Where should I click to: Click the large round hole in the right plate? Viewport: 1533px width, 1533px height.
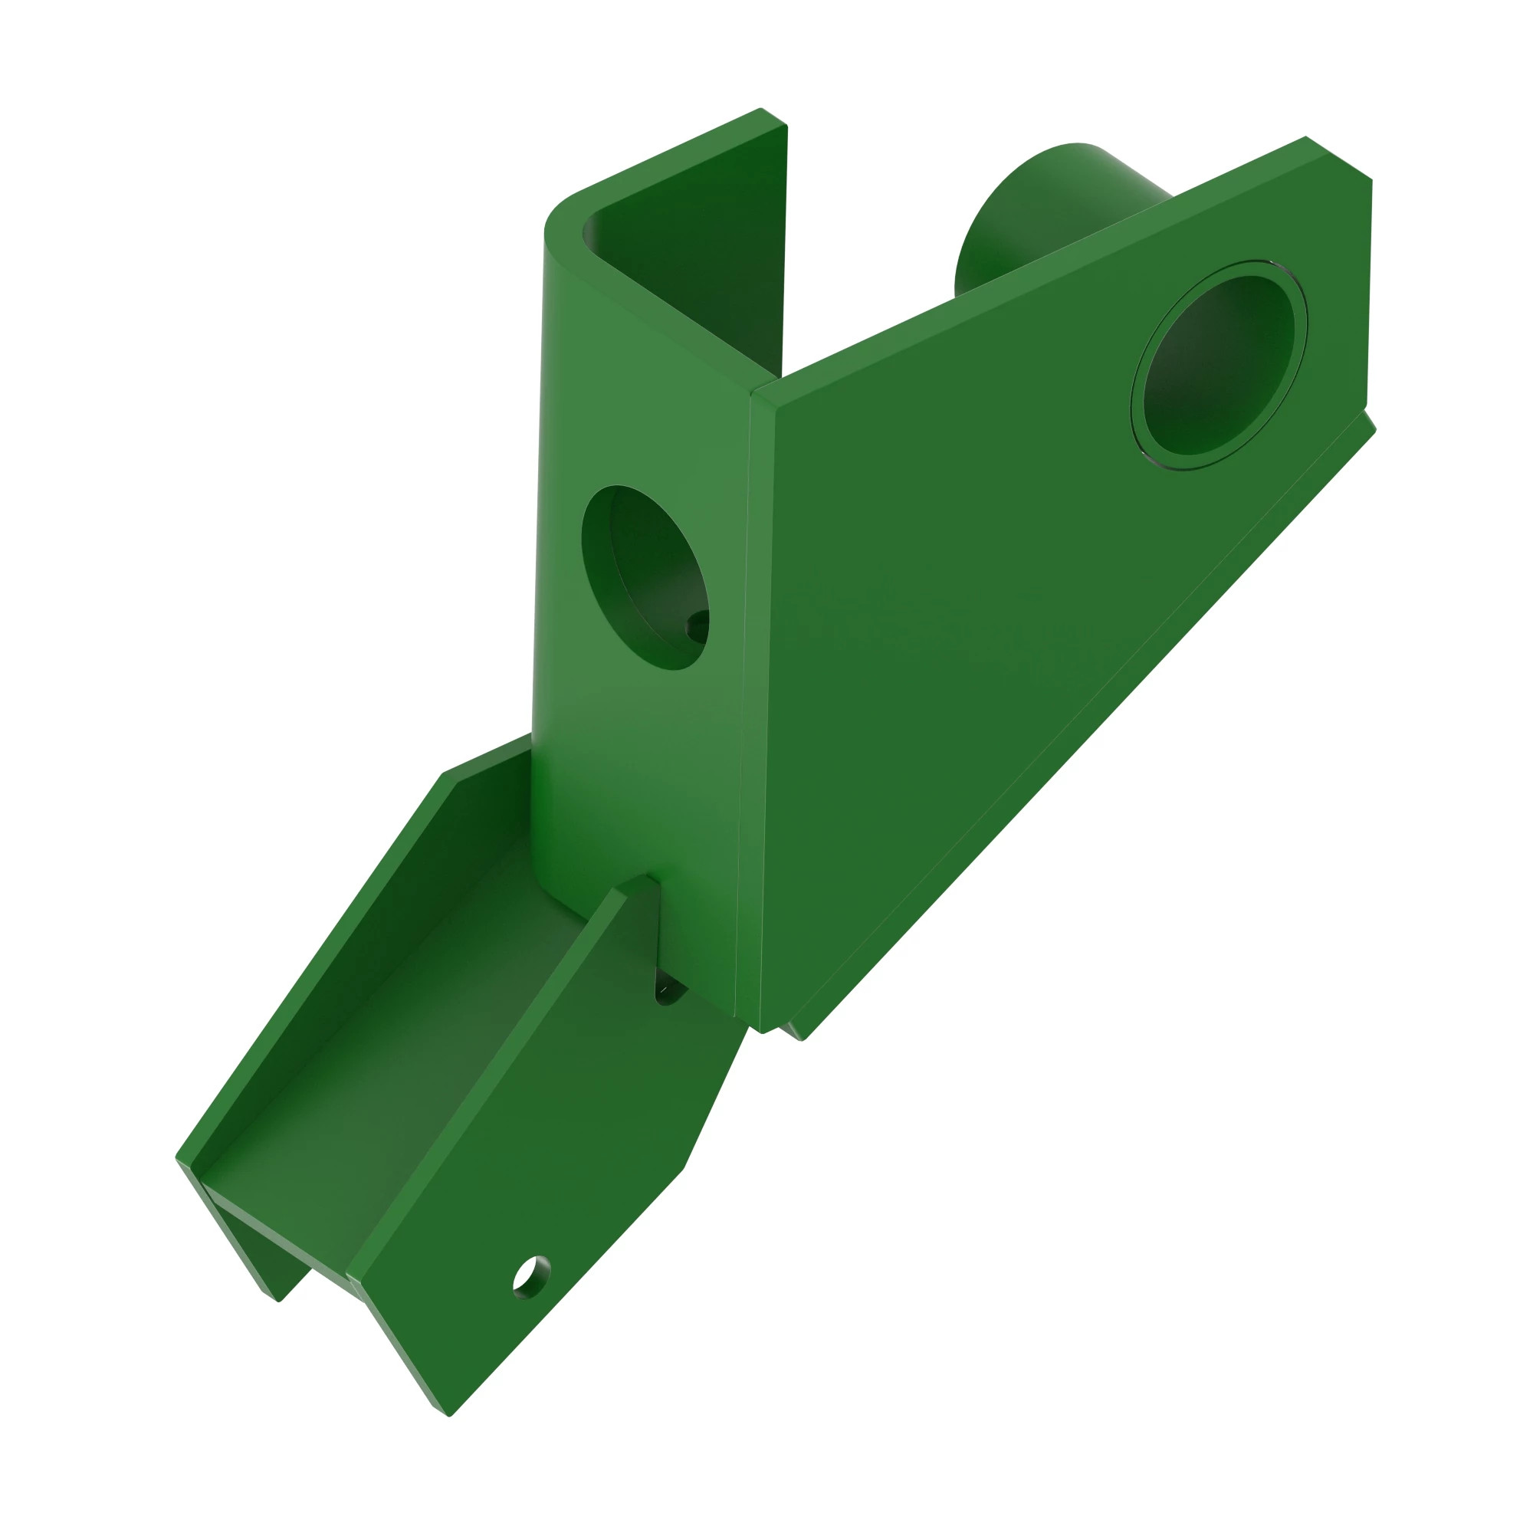click(x=1218, y=366)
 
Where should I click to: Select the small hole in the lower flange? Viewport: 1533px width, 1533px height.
click(x=531, y=1277)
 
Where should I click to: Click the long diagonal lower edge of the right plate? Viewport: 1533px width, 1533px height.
click(x=1087, y=730)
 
